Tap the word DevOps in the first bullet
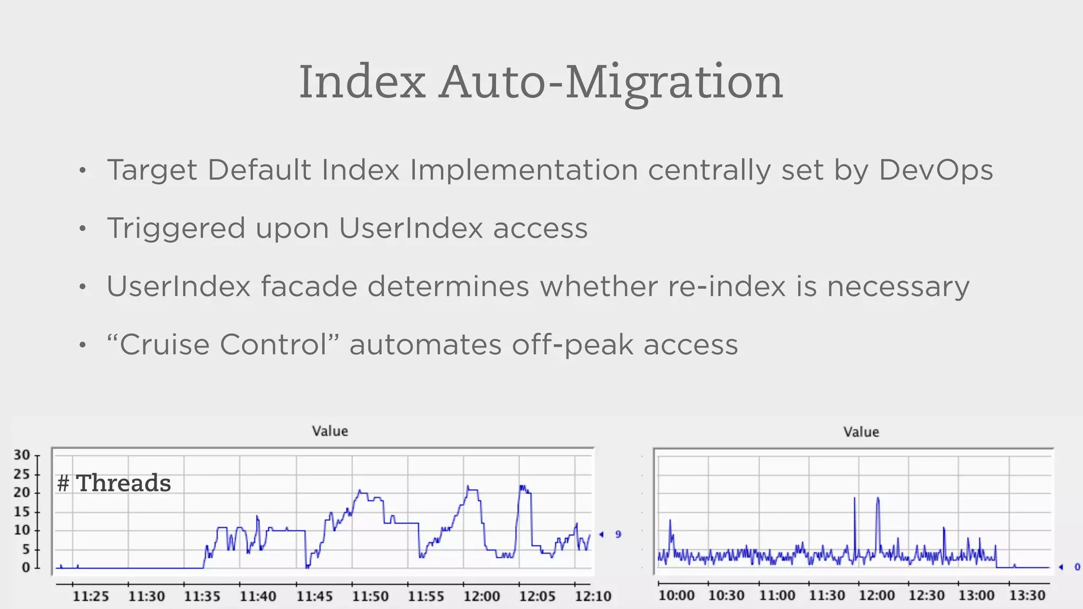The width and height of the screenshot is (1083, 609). pyautogui.click(x=935, y=170)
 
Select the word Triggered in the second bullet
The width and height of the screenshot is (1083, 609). pyautogui.click(x=176, y=229)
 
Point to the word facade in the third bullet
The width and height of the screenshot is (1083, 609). pyautogui.click(x=308, y=287)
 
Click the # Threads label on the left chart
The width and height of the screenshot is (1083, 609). pyautogui.click(x=114, y=483)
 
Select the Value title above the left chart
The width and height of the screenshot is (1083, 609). pyautogui.click(x=330, y=431)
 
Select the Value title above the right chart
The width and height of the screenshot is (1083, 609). pyautogui.click(x=861, y=432)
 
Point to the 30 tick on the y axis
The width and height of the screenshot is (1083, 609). pyautogui.click(x=22, y=455)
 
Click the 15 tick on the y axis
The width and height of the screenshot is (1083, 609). pyautogui.click(x=22, y=512)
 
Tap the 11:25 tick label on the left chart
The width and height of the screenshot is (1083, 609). pyautogui.click(x=90, y=597)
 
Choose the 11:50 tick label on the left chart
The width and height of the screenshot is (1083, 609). pyautogui.click(x=370, y=597)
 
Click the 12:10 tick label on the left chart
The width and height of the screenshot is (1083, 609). pyautogui.click(x=593, y=597)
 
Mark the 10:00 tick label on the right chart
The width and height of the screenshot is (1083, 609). pyautogui.click(x=676, y=596)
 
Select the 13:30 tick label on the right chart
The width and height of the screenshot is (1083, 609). pyautogui.click(x=1027, y=596)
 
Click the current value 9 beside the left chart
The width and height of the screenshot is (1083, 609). pyautogui.click(x=618, y=534)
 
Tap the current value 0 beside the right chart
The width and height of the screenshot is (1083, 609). pyautogui.click(x=1077, y=567)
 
